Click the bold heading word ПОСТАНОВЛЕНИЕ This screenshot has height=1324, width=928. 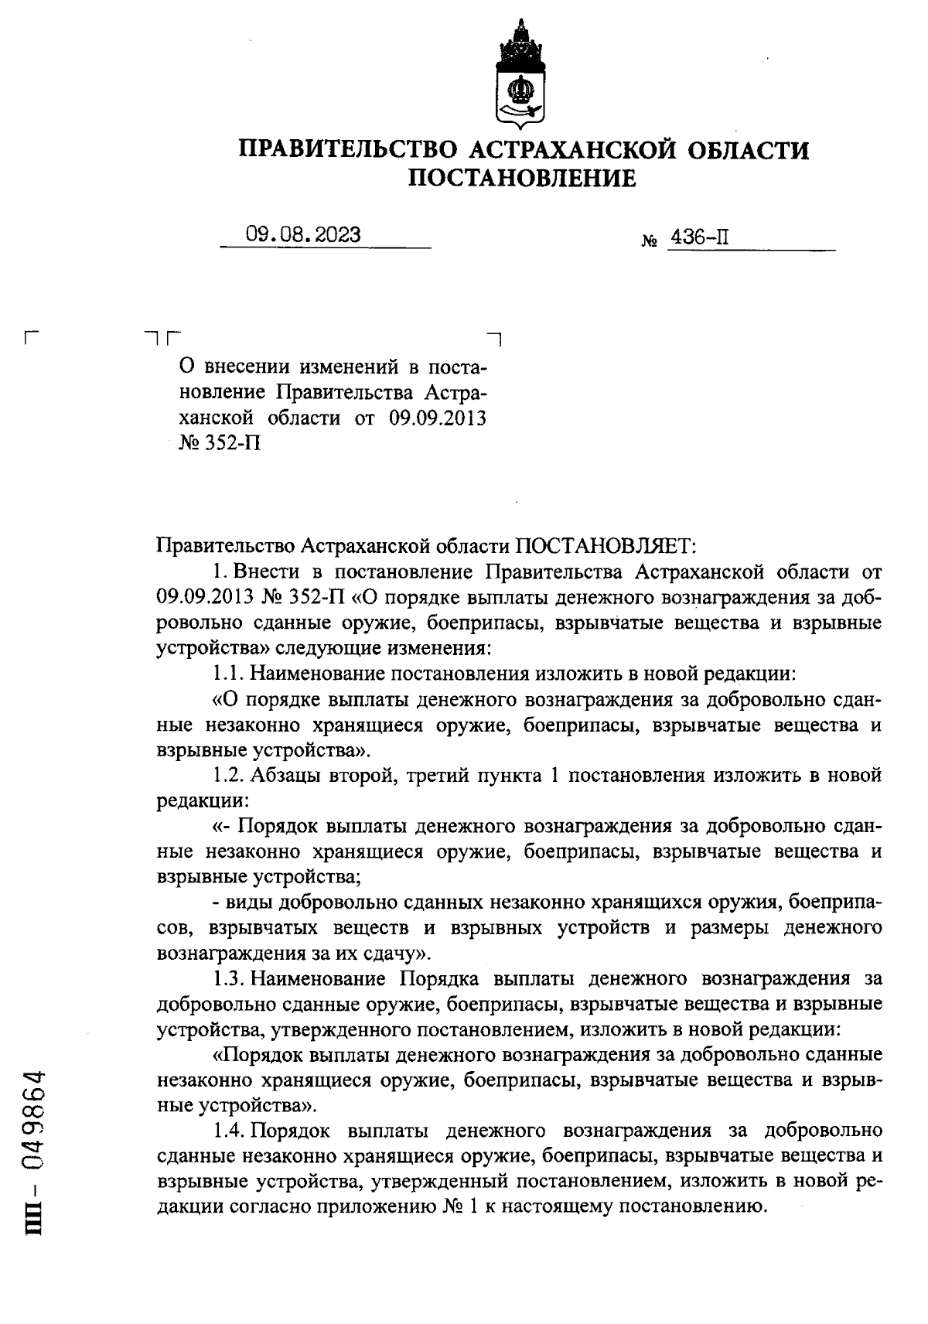(522, 179)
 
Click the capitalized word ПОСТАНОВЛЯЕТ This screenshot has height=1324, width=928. (606, 548)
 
